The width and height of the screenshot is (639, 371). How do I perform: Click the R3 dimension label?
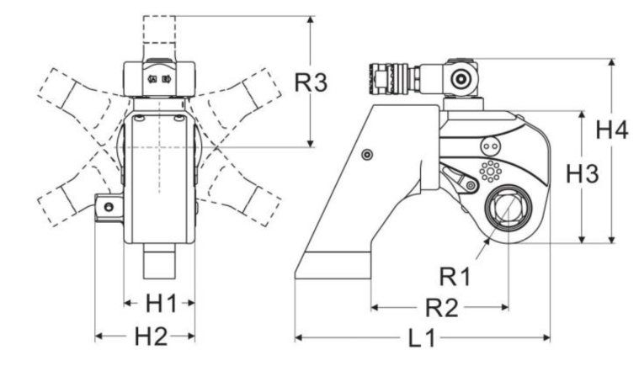[x=311, y=82]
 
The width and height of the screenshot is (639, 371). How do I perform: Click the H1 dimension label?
[x=162, y=304]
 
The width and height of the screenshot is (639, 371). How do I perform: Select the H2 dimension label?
[x=151, y=337]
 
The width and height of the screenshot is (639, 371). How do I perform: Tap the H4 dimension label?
[x=612, y=130]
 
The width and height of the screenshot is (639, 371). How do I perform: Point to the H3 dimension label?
[x=583, y=174]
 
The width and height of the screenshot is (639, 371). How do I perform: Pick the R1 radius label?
[x=455, y=277]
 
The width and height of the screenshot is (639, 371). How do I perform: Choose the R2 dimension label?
[x=442, y=307]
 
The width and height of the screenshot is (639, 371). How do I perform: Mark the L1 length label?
[x=422, y=338]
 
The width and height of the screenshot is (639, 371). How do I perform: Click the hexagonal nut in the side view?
[x=508, y=209]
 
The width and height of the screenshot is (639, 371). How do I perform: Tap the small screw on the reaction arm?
[x=367, y=154]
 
